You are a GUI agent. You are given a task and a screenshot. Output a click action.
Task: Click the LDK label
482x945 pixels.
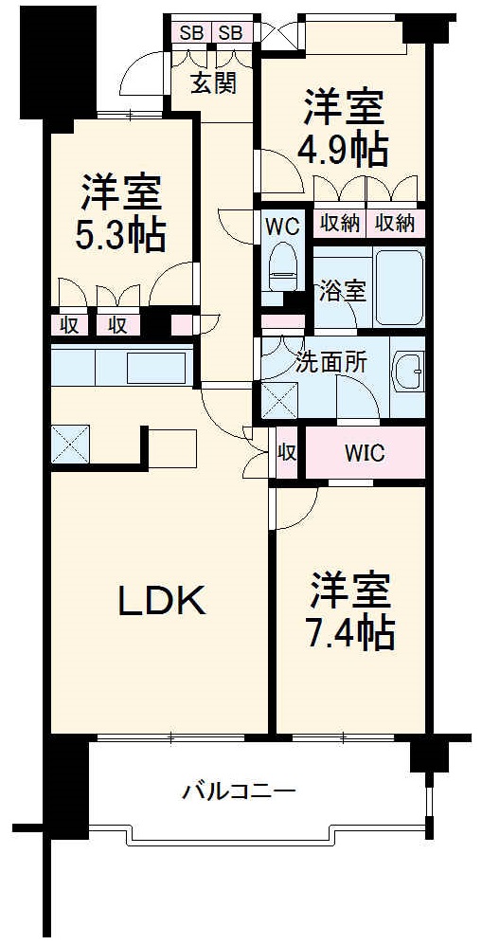[x=162, y=600]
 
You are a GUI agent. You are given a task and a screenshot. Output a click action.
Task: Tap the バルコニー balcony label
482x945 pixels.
[x=239, y=790]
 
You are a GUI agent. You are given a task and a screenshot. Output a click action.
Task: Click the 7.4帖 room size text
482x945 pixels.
[x=350, y=633]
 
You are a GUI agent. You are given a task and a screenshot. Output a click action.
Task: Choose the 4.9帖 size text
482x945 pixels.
[x=344, y=148]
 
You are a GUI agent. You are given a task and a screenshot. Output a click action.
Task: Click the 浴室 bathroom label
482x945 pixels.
[x=343, y=291]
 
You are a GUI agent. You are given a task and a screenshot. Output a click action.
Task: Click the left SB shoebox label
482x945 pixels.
[x=192, y=33]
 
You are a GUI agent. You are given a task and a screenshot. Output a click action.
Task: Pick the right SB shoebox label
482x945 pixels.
[x=231, y=33]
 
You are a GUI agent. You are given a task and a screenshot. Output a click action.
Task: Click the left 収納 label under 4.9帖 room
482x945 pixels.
[x=338, y=223]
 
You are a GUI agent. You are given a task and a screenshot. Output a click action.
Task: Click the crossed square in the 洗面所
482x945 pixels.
[x=278, y=401]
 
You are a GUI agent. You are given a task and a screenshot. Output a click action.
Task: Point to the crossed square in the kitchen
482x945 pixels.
[x=71, y=442]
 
